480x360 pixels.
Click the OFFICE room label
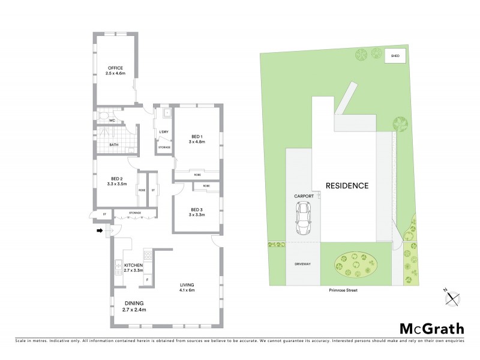116,67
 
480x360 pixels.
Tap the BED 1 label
198,136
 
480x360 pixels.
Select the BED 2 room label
117,179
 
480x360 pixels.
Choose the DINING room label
134,303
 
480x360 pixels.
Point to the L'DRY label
163,132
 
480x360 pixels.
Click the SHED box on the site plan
395,56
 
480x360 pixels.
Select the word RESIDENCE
347,185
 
